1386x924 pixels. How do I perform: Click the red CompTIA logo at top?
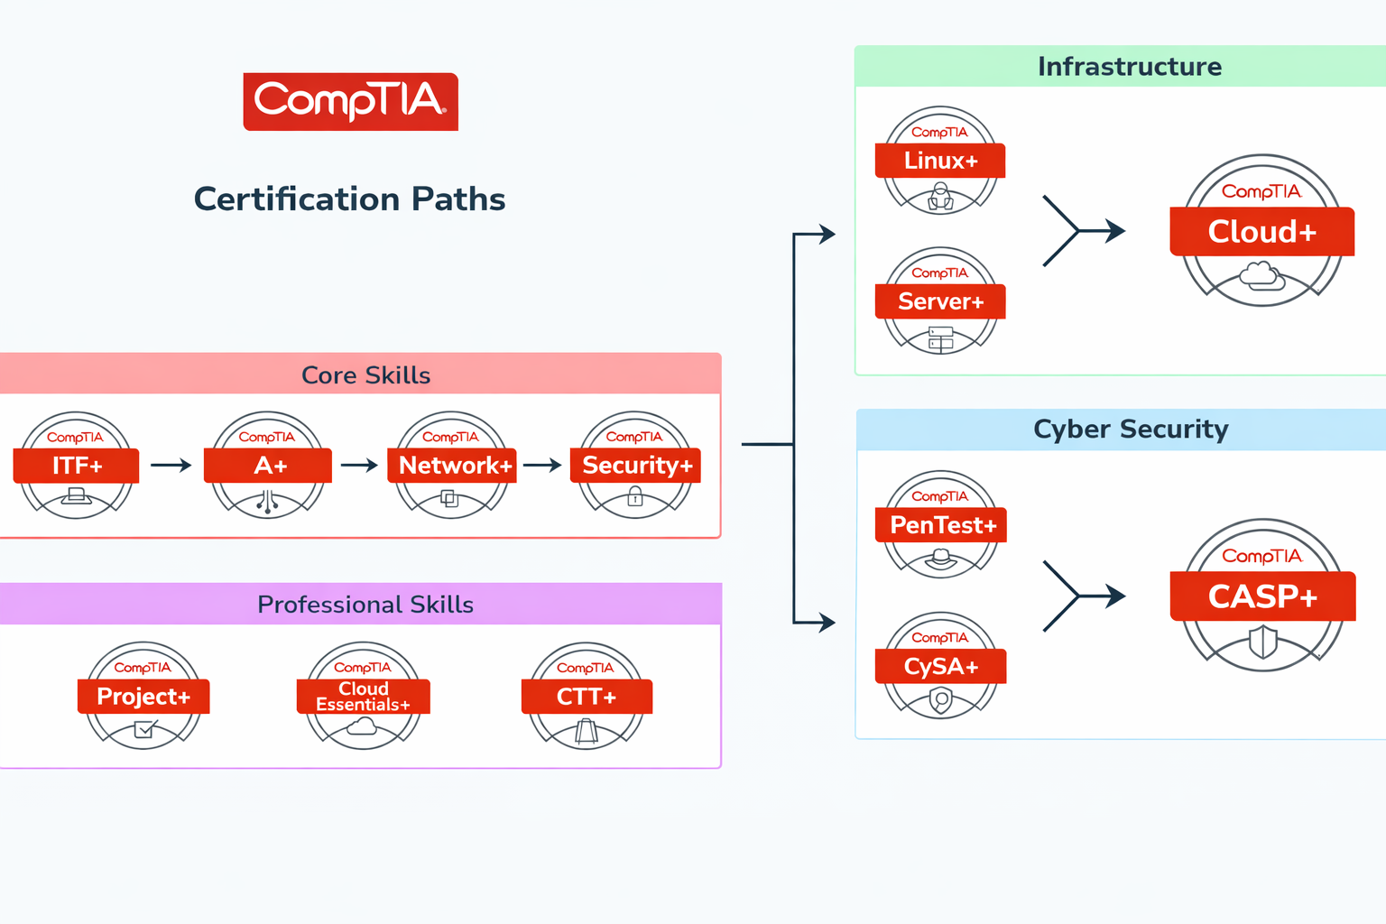click(x=350, y=101)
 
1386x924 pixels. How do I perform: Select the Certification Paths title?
click(x=349, y=199)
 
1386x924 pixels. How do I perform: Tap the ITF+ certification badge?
click(x=77, y=466)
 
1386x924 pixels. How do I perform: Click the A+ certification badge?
click(x=268, y=466)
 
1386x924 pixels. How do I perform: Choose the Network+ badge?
click(x=452, y=466)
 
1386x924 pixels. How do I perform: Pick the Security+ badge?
click(x=636, y=466)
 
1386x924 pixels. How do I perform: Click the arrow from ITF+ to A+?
click(x=171, y=466)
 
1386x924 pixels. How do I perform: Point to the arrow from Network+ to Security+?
click(x=542, y=466)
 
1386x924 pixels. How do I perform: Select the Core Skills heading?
click(x=365, y=375)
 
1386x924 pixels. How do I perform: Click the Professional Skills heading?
click(x=365, y=605)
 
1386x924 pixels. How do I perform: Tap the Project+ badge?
click(x=143, y=696)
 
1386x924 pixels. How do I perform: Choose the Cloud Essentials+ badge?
click(x=363, y=696)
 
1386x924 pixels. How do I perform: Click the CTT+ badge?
click(x=587, y=696)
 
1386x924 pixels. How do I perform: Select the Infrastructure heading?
click(x=1129, y=67)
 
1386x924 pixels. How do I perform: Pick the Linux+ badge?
click(x=940, y=161)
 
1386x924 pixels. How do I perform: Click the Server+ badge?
click(x=940, y=301)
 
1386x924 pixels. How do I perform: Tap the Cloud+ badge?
click(x=1262, y=232)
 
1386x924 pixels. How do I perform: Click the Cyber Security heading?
click(x=1131, y=430)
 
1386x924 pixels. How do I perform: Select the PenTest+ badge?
click(x=941, y=525)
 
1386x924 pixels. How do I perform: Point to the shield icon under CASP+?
click(x=1262, y=643)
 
